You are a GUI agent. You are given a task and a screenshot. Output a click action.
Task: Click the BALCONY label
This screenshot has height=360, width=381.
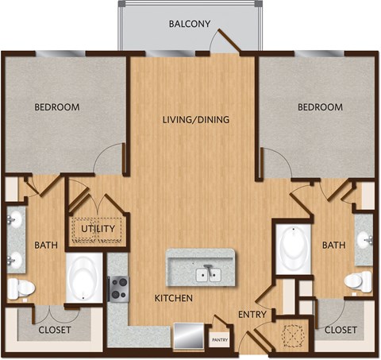[190, 24]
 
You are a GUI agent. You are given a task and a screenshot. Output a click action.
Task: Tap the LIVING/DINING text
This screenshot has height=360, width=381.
[196, 120]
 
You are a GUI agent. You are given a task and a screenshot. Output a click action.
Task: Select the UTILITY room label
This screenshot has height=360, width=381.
[98, 230]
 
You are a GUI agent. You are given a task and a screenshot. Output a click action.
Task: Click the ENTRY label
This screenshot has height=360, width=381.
[252, 315]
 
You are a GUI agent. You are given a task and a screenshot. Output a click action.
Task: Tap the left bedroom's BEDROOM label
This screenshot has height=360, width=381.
[56, 106]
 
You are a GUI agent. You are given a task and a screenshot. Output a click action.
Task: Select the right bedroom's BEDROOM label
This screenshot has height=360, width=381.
[320, 106]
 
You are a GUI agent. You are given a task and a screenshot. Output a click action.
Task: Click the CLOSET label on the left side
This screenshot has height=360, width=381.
[55, 329]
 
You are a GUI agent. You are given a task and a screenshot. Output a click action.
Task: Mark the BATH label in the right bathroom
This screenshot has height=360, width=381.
[333, 246]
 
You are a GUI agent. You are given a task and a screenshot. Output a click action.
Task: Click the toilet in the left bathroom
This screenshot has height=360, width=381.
[21, 288]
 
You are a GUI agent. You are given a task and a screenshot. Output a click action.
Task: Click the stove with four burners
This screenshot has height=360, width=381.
[118, 288]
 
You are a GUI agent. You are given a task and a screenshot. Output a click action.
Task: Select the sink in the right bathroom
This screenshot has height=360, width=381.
[364, 238]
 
